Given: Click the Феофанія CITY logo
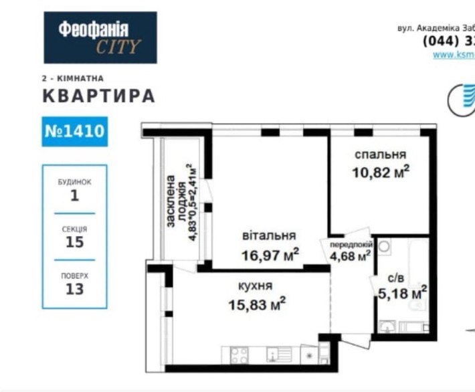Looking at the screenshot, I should coord(100,37).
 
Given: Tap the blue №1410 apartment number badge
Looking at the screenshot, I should coord(74,130).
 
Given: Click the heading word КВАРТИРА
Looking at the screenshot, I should coord(98,96).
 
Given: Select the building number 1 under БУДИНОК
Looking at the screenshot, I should coord(74,196).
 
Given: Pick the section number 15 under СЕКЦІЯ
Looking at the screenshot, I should coord(74,242).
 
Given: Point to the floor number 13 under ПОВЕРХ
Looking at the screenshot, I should coord(74,289).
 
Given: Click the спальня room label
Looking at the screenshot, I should coord(380,155).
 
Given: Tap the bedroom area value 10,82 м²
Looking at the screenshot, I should coord(380,172).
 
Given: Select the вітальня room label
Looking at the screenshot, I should coord(269,235).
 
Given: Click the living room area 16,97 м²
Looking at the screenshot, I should coord(270,254).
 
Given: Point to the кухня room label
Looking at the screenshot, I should coord(255,286).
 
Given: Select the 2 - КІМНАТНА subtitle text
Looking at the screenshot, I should coord(72,78).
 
